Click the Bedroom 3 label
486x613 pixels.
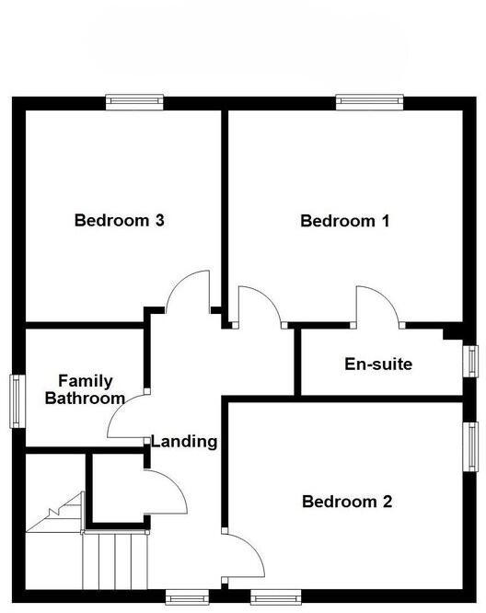[x=120, y=221]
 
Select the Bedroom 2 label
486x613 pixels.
[x=347, y=502]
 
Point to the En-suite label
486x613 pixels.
[x=378, y=364]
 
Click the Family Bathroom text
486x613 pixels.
[x=86, y=390]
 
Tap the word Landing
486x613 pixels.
[x=184, y=442]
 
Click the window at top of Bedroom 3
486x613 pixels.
[x=134, y=102]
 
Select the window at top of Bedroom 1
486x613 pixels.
[x=365, y=102]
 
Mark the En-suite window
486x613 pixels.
[x=469, y=360]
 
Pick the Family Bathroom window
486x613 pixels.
[x=17, y=399]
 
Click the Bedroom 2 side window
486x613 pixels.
[x=469, y=447]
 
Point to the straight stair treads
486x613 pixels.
[x=116, y=560]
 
